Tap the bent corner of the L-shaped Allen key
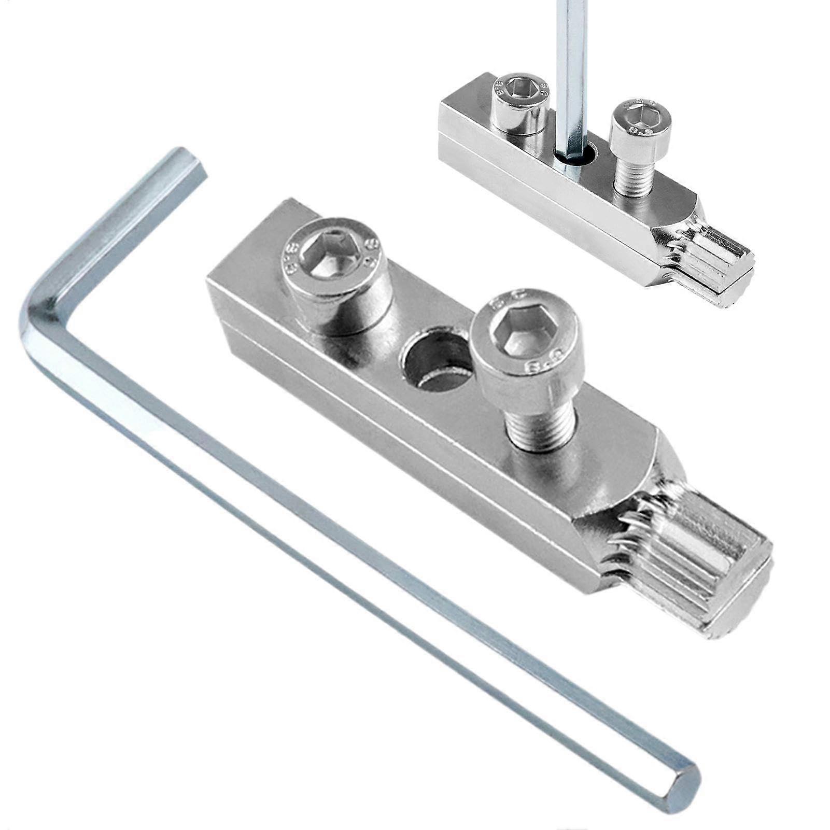[x=39, y=311]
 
